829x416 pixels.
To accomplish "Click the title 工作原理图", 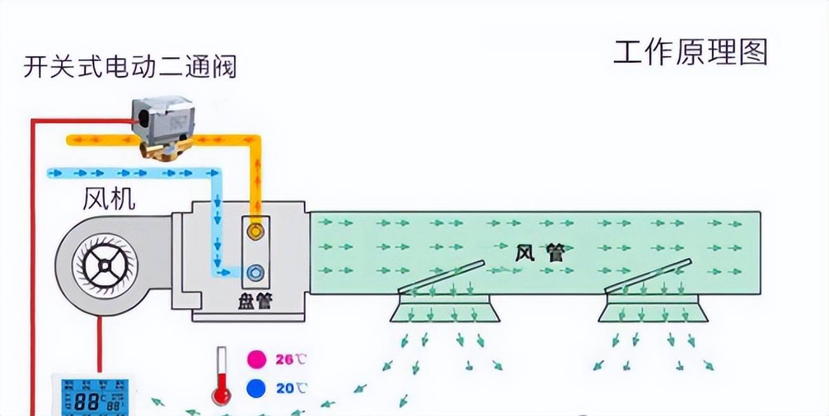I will coord(690,52).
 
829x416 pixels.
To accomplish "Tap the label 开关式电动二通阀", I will coord(130,66).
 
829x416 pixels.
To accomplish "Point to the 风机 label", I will coord(109,199).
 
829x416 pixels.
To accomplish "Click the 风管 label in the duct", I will coord(539,254).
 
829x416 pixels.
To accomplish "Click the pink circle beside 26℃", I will coord(257,359).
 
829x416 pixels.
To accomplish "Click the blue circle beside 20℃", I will coord(257,387).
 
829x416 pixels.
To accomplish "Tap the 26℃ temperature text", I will coord(291,359).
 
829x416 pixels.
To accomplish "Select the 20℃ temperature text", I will coord(291,387).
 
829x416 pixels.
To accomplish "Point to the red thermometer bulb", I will coord(222,396).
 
